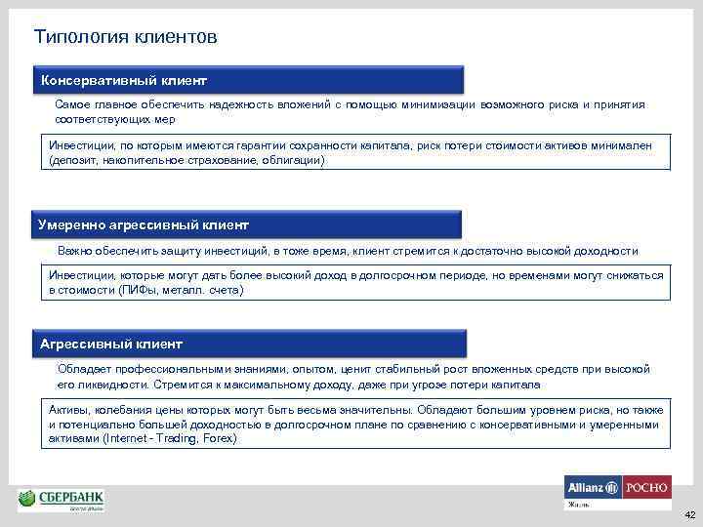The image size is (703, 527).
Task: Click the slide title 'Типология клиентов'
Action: [125, 37]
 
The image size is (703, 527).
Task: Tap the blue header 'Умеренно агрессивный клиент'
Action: [144, 224]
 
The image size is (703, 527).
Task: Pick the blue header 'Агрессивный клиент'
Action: [111, 345]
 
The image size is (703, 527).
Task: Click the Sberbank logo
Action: [62, 501]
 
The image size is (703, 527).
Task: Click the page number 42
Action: [689, 514]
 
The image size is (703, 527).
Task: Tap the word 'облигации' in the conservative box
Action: [294, 160]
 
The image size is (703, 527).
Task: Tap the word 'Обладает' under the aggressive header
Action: [85, 370]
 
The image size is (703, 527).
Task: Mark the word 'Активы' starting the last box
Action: [69, 410]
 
